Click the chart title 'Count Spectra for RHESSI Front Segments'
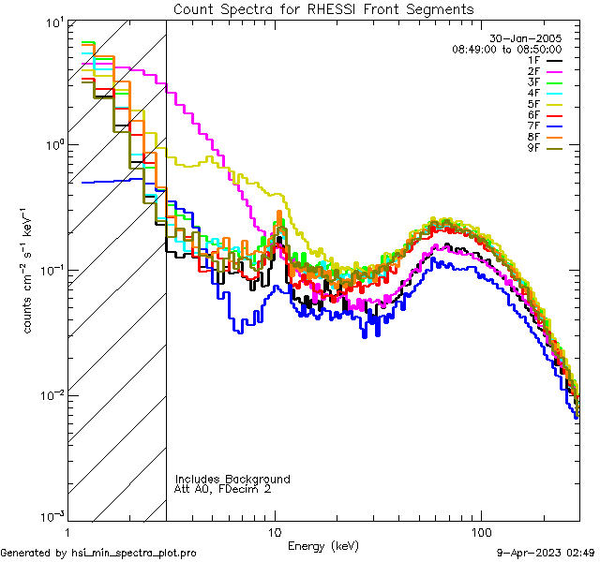coord(323,9)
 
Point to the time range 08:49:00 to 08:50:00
coord(507,49)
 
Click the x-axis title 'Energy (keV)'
coord(322,546)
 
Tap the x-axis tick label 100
coord(481,531)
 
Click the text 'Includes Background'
coord(232,480)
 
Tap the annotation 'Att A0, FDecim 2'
coord(223,490)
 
